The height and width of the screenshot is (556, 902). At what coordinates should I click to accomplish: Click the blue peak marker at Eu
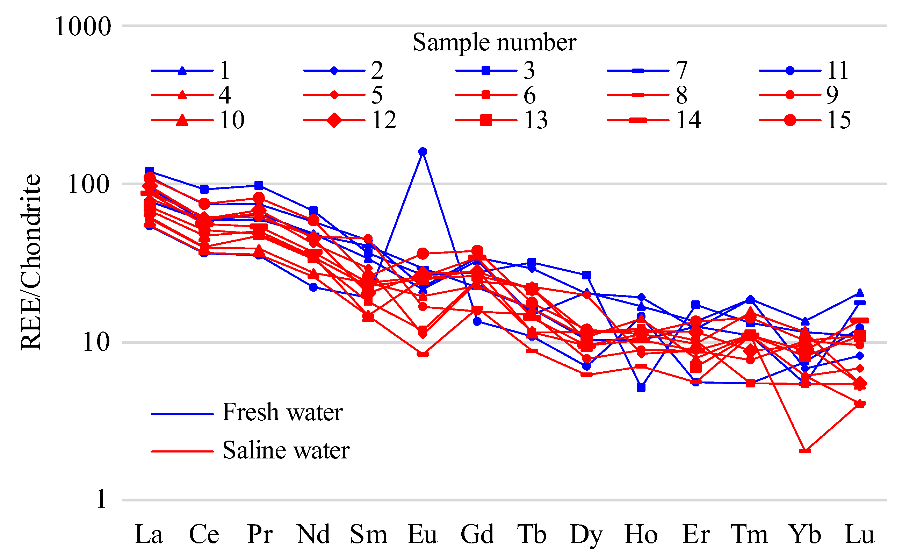point(423,152)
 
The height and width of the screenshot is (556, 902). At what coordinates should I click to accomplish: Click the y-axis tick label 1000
point(83,27)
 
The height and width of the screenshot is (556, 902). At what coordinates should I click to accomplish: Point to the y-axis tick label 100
point(88,184)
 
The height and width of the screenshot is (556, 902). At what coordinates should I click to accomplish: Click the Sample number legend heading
point(494,42)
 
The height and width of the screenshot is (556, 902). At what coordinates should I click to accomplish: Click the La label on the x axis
point(149,534)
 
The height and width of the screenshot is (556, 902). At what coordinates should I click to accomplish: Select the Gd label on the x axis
point(477,534)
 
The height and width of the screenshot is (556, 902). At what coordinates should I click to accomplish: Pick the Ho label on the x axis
point(641,534)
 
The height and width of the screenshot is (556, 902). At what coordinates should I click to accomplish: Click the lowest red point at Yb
point(805,451)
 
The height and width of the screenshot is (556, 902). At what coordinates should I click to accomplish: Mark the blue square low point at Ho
point(641,387)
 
